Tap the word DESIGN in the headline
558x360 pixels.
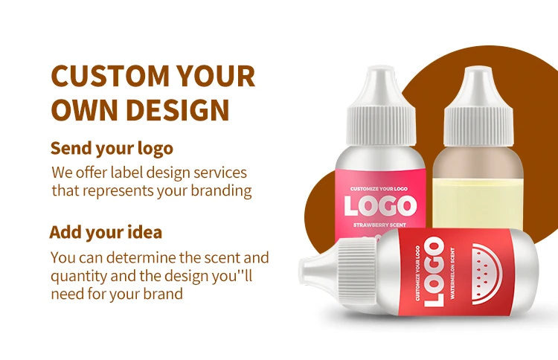[178, 109]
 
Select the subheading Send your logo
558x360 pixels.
[112, 149]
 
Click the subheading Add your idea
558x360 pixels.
[106, 232]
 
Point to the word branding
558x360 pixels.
[222, 191]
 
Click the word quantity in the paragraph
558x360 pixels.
[79, 277]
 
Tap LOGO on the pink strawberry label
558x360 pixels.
[380, 206]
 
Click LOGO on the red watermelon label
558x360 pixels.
[434, 272]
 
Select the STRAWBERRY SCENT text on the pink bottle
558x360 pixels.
[379, 225]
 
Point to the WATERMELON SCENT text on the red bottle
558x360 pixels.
[452, 273]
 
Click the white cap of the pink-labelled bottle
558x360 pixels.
[381, 106]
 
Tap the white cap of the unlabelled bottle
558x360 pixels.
[478, 106]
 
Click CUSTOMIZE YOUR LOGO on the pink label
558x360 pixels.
[379, 189]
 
